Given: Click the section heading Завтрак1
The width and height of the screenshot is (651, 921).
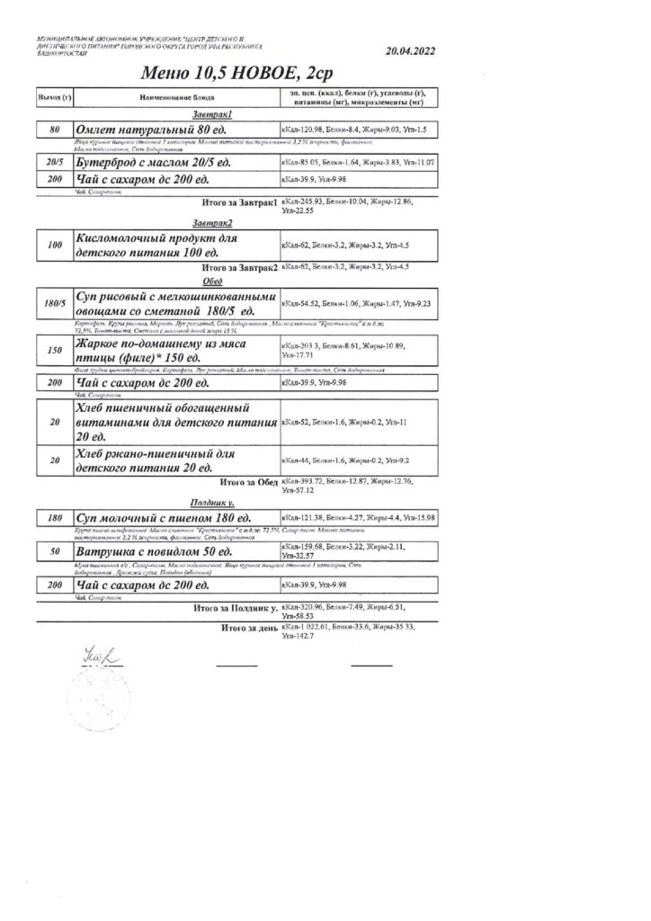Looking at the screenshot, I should point(213,115).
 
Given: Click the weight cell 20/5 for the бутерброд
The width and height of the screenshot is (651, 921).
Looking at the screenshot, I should point(54,162).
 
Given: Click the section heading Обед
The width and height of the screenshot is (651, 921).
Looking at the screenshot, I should point(213,281).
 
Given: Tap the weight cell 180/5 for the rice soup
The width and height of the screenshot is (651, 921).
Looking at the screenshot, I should point(54,304).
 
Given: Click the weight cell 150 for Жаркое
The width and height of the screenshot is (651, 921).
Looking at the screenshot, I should point(54,352).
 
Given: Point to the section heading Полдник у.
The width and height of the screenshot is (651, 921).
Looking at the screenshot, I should point(212,504).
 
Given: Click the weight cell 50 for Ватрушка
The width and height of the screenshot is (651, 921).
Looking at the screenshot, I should point(54,550).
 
